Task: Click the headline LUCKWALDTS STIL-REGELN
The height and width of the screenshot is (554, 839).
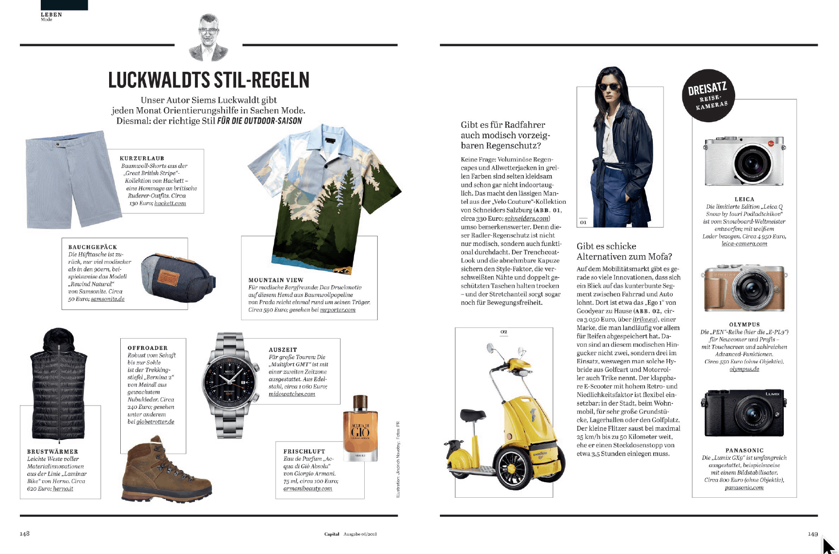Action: [x=209, y=81]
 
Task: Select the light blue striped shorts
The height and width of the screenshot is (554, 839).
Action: [x=73, y=179]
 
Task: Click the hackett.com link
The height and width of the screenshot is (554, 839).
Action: [x=170, y=203]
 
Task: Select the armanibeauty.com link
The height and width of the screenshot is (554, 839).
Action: [x=307, y=489]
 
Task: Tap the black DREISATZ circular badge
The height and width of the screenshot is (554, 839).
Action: [x=708, y=95]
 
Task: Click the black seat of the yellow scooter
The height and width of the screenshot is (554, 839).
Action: [x=472, y=415]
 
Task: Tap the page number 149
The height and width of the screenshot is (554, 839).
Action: [x=812, y=534]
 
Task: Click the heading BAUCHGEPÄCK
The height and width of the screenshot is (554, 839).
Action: [x=93, y=247]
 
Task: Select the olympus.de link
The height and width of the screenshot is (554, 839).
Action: [x=744, y=369]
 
